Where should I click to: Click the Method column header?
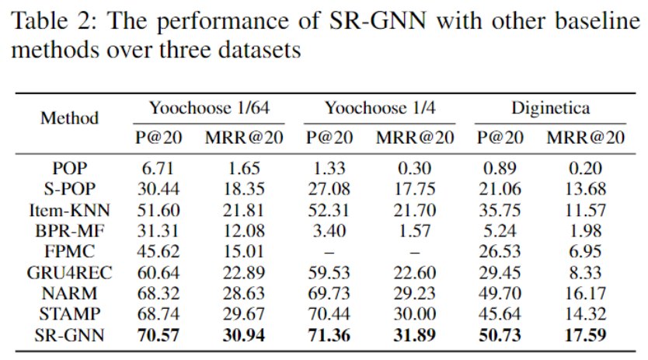click(x=70, y=119)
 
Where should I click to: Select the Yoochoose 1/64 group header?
click(x=209, y=107)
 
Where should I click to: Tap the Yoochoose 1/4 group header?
click(x=380, y=107)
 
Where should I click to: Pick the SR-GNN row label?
click(x=70, y=335)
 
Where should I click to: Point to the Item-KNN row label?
click(x=70, y=209)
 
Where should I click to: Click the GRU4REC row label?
click(x=70, y=272)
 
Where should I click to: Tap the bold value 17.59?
click(x=585, y=335)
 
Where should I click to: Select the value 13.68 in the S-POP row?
click(x=585, y=188)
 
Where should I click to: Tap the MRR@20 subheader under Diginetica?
click(x=585, y=138)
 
